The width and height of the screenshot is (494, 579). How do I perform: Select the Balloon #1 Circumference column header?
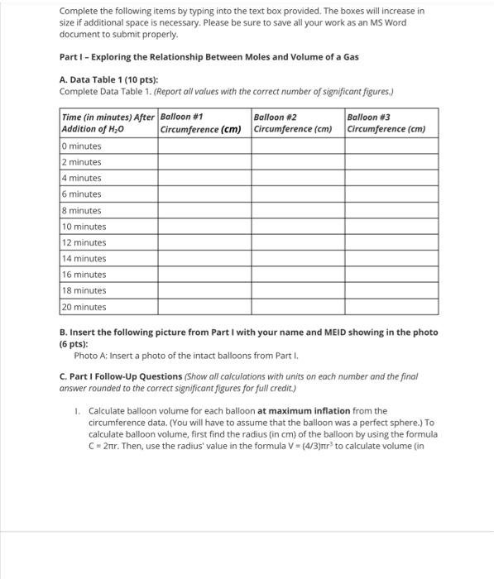point(204,123)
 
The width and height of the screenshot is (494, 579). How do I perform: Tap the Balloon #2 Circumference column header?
point(297,123)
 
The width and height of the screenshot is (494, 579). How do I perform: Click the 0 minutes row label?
point(82,146)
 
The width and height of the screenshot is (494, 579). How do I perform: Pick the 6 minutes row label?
point(82,194)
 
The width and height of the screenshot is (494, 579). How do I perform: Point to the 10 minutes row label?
point(84,227)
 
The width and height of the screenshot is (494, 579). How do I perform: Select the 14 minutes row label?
point(84,259)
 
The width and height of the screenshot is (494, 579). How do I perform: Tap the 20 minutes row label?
point(84,307)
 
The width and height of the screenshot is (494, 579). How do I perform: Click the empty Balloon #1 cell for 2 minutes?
point(204,162)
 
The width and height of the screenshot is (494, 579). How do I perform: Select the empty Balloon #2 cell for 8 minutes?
point(297,211)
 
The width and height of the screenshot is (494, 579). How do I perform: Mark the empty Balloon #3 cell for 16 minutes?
point(391,275)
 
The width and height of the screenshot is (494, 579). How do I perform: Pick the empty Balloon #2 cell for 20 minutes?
point(297,307)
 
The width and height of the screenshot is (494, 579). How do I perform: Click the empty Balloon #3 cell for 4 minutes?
point(391,179)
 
